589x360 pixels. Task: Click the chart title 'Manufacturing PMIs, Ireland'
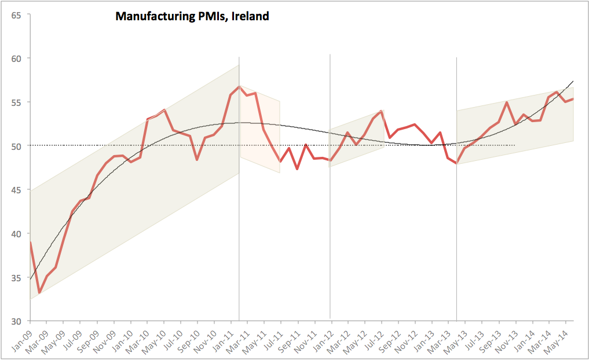[x=192, y=16]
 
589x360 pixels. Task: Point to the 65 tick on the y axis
[x=16, y=14]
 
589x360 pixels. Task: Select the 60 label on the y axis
[x=16, y=58]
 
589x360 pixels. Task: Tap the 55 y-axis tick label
[x=16, y=102]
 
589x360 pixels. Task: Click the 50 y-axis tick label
[x=16, y=146]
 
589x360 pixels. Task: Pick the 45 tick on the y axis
[x=16, y=190]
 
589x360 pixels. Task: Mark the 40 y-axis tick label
[x=16, y=234]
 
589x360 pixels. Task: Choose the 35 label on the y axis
[x=16, y=278]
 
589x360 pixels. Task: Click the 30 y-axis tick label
[x=16, y=321]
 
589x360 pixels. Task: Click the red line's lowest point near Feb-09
[x=39, y=293]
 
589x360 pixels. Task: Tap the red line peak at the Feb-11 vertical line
[x=239, y=86]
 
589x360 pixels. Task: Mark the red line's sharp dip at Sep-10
[x=197, y=160]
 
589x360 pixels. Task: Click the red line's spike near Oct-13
[x=507, y=102]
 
